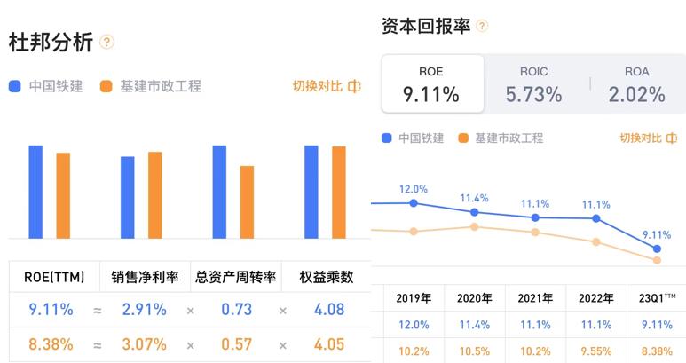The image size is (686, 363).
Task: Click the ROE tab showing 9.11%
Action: [x=432, y=84]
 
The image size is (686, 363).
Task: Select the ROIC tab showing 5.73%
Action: [x=533, y=84]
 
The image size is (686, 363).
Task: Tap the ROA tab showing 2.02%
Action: [x=636, y=84]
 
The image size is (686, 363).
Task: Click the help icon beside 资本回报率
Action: [x=482, y=26]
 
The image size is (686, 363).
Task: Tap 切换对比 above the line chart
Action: [x=648, y=138]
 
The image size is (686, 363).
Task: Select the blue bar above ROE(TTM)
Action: [x=35, y=192]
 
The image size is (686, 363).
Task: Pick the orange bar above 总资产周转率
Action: [x=247, y=201]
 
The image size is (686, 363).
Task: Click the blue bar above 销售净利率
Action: [x=128, y=197]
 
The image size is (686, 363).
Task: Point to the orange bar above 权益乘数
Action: [x=339, y=192]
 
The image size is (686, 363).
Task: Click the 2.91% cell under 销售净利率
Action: [x=145, y=311]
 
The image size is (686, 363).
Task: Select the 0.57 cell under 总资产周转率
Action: [x=236, y=343]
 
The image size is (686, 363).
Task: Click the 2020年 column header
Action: [x=474, y=298]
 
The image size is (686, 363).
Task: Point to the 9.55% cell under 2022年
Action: [x=595, y=350]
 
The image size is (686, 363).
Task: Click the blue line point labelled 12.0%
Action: [x=414, y=203]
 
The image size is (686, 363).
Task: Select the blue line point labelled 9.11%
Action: [x=657, y=249]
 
